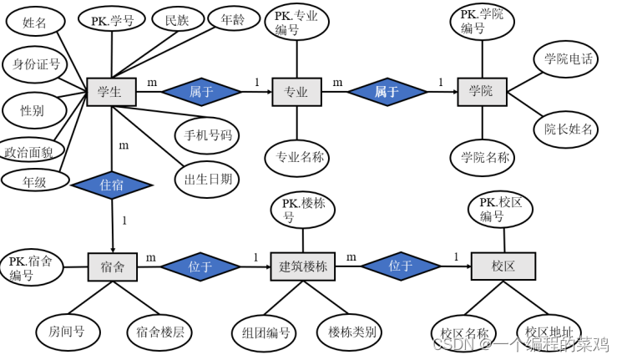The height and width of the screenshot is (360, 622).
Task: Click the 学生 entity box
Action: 110,92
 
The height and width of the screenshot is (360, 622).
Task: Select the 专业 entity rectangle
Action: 296,92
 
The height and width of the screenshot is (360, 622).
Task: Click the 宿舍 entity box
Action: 113,266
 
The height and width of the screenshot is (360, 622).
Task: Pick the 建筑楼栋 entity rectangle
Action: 302,266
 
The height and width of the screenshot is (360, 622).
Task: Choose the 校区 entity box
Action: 503,266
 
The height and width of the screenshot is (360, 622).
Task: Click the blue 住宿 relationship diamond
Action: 112,185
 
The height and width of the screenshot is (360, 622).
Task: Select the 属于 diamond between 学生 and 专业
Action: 201,92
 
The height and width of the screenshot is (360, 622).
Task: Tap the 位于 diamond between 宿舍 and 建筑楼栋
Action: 200,266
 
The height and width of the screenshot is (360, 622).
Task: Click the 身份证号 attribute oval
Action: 33,64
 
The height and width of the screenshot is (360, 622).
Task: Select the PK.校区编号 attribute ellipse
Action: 501,210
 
